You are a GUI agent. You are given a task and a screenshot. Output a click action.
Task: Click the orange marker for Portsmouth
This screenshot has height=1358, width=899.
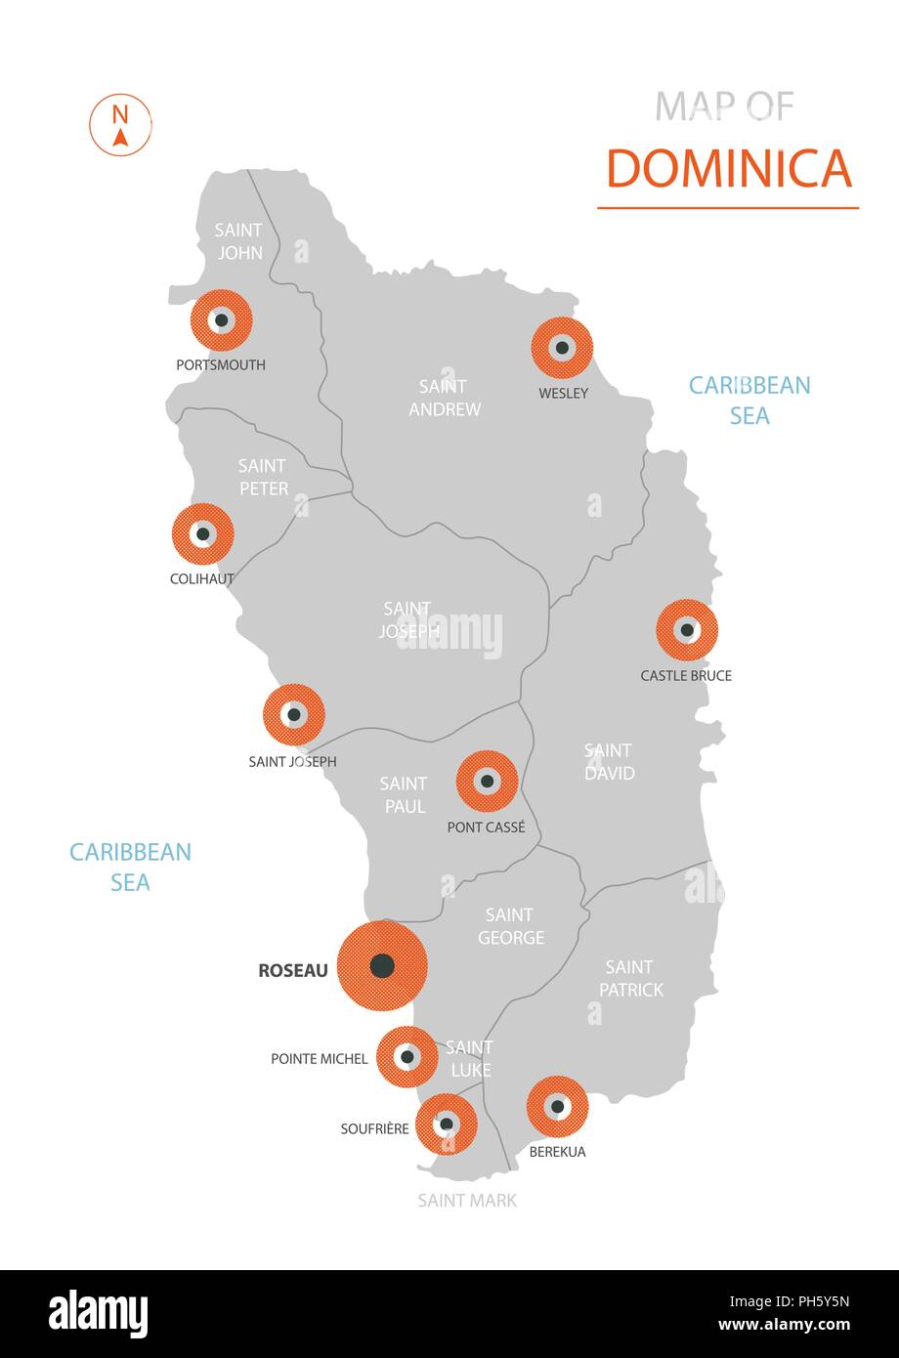click(x=222, y=319)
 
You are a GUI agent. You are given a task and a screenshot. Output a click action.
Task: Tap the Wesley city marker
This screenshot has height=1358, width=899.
click(x=562, y=347)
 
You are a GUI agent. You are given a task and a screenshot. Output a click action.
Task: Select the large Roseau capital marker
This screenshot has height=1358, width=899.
click(x=382, y=966)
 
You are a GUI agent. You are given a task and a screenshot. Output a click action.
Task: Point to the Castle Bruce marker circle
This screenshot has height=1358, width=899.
click(x=687, y=630)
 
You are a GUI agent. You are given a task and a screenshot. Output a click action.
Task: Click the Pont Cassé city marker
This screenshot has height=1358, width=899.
click(x=487, y=781)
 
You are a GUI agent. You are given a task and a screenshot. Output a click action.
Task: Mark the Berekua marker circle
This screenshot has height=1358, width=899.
click(x=557, y=1107)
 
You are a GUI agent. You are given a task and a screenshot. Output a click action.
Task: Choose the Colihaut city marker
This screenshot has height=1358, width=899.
click(x=203, y=534)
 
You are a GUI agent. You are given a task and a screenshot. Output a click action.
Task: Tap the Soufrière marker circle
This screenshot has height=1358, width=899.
click(x=447, y=1124)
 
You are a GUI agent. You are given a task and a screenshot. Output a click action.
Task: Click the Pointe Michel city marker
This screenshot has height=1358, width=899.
click(x=407, y=1056)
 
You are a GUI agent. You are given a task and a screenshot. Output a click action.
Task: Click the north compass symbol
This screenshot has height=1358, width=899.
click(x=120, y=125)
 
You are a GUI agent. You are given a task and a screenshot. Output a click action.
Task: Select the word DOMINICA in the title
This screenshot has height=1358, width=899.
click(x=729, y=168)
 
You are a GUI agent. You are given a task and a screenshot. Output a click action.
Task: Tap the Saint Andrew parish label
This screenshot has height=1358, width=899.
click(x=445, y=398)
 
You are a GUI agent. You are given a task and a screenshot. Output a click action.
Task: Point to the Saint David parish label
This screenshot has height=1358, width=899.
click(x=609, y=762)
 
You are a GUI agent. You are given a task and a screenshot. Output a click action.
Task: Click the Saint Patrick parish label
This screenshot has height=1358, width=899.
click(x=630, y=978)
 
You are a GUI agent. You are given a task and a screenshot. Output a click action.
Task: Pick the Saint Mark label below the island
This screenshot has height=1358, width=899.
click(x=467, y=1200)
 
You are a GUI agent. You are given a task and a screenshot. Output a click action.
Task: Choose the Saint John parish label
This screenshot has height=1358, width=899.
click(x=239, y=241)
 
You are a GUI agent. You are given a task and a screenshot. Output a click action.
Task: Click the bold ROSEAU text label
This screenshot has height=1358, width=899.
click(x=293, y=970)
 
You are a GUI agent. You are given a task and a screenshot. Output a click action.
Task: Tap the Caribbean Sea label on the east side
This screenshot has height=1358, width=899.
click(x=749, y=400)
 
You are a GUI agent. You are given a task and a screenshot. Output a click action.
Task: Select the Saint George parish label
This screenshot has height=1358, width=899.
click(x=510, y=926)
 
